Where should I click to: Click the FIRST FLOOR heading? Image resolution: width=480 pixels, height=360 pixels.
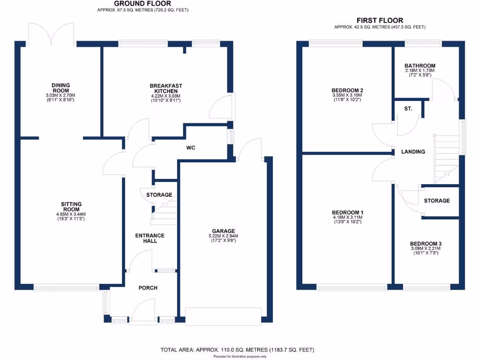point(380,21)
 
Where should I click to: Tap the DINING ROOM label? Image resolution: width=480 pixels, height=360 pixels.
point(60,88)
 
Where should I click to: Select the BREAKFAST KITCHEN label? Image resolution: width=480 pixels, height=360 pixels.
point(166,89)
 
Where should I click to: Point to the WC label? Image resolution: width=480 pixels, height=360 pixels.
point(191,148)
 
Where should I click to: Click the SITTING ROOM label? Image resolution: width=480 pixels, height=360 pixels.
point(71,207)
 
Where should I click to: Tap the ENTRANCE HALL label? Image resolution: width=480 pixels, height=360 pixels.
point(150,238)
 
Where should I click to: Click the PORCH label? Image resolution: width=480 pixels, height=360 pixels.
point(148,288)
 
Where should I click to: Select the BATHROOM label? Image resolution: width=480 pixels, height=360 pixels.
point(420,66)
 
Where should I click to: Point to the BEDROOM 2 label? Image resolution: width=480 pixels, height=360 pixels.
point(347,90)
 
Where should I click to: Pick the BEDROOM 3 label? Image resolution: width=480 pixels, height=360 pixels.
point(426,244)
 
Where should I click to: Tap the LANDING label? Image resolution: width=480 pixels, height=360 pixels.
point(413,152)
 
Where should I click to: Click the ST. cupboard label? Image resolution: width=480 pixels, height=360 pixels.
point(408,109)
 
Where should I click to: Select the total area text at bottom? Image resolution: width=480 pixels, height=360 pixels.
point(237,350)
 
